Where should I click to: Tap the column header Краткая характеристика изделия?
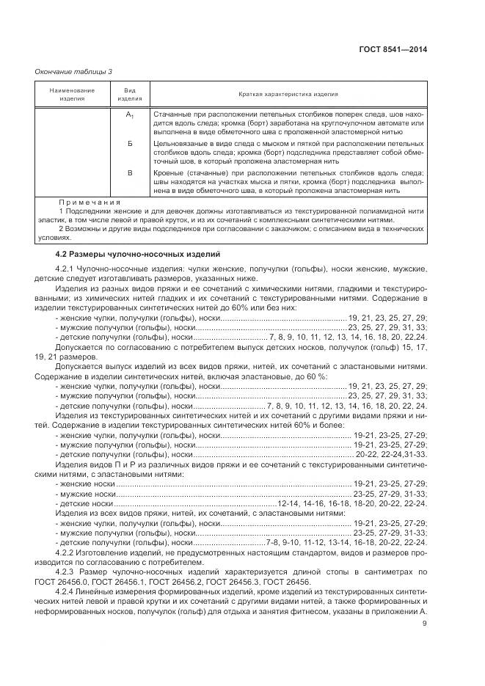point(288,95)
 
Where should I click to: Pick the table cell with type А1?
point(129,115)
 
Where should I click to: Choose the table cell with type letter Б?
point(129,144)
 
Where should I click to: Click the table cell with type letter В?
point(129,172)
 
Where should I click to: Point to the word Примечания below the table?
point(90,202)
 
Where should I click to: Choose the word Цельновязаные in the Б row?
point(178,144)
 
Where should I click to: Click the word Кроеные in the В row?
point(168,172)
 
